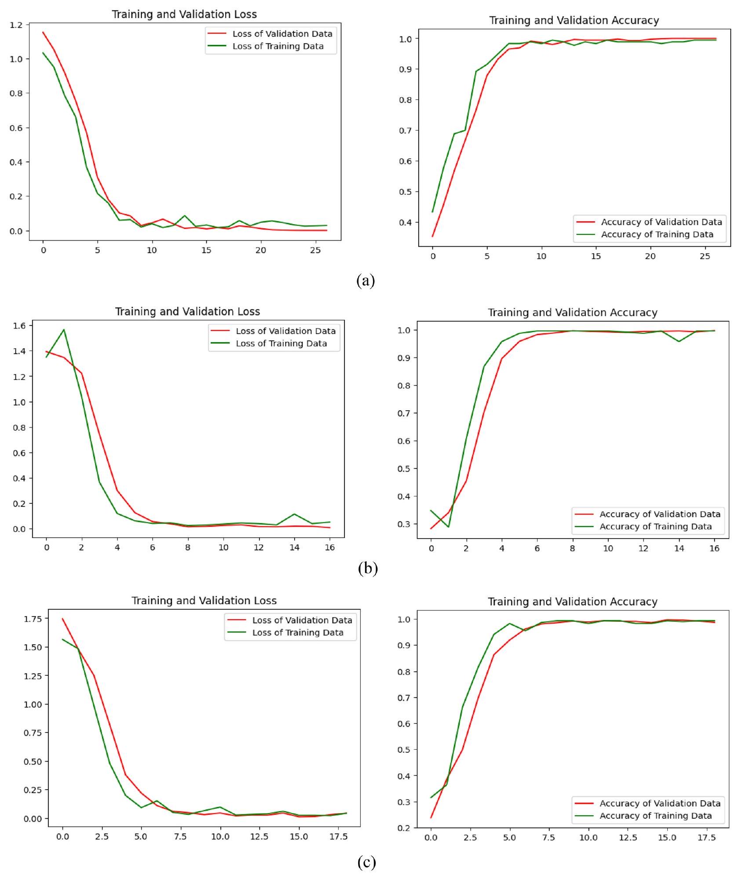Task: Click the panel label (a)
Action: coord(366,280)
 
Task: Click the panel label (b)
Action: coord(368,569)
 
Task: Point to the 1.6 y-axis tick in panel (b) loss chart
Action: coord(19,325)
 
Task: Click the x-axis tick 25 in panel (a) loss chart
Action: coord(315,250)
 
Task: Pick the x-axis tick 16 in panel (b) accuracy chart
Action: coord(714,548)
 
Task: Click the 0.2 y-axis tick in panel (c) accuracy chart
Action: coord(405,828)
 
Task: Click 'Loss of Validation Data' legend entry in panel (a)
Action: coord(282,34)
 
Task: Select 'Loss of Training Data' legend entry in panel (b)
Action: coord(281,343)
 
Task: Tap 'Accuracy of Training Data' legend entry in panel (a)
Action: coord(657,234)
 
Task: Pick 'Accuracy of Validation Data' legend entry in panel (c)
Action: coord(660,803)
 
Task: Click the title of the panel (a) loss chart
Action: coord(184,15)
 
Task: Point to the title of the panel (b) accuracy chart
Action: coord(572,313)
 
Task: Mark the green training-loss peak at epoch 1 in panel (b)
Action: coord(64,329)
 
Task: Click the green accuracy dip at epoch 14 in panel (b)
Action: coord(679,341)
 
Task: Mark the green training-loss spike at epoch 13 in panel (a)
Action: coord(184,216)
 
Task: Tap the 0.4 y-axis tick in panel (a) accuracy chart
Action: coord(407,222)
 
